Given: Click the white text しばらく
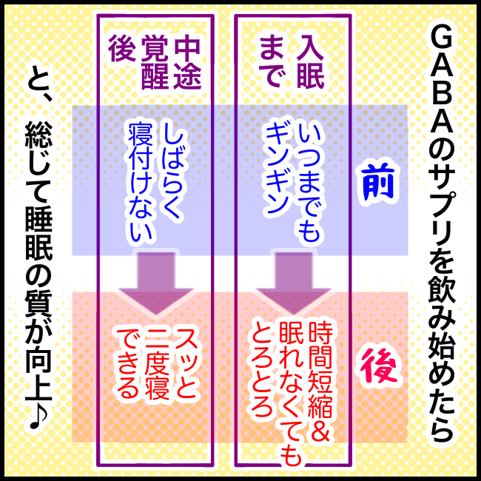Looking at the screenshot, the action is (171, 166).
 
